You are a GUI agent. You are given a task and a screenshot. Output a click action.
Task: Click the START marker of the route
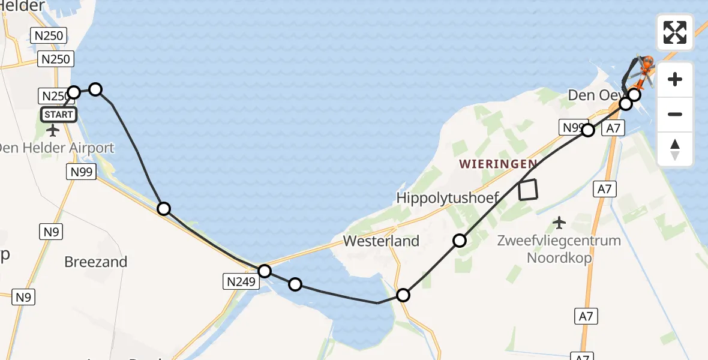pos(58,115)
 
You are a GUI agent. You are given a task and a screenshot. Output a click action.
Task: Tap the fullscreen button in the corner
pos(675,32)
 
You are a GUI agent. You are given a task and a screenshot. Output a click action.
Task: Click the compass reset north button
pos(675,149)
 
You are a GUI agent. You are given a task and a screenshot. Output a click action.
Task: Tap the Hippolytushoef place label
pos(448,197)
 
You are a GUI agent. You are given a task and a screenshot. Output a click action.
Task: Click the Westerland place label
pos(381,241)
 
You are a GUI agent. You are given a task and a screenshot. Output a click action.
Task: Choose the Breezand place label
pos(96,262)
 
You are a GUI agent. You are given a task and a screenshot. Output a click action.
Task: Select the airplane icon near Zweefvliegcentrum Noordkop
pos(559,223)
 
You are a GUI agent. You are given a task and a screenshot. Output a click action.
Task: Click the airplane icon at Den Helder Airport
pos(52,130)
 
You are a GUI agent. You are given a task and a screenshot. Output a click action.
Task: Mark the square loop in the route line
pos(528,190)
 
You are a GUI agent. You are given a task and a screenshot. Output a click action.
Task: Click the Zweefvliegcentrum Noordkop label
pos(559,250)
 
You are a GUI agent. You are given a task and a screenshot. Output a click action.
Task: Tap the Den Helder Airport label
pos(57,148)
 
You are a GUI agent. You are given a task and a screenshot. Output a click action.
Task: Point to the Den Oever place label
pos(590,95)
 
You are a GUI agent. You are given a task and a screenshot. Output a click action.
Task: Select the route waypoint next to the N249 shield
pos(265,271)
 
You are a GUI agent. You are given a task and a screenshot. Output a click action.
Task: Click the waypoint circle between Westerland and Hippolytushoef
pos(459,241)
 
